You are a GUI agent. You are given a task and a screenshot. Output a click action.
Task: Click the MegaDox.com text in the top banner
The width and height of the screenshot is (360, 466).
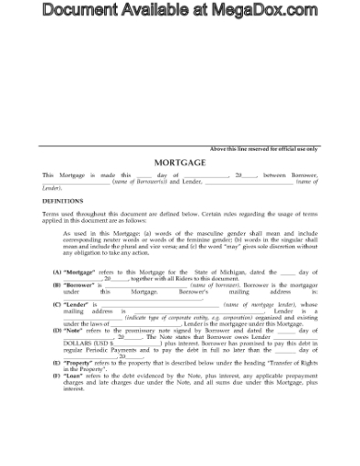click(265, 10)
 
